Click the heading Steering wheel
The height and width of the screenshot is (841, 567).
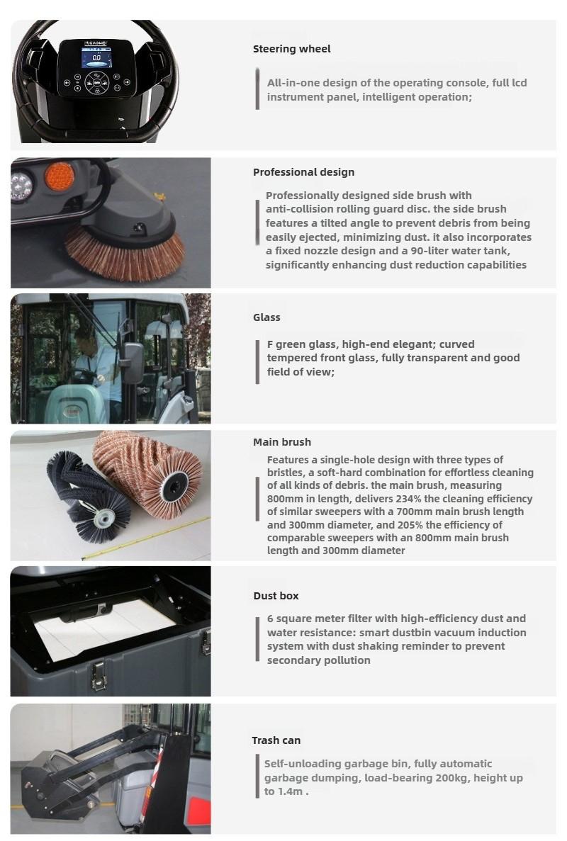(x=292, y=49)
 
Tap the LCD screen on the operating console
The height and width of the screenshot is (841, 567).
(x=96, y=57)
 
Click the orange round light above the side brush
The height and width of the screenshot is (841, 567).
(x=60, y=176)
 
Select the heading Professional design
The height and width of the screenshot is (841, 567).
(x=303, y=172)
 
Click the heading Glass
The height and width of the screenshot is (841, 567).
(x=266, y=317)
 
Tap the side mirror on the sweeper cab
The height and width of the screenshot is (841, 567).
(x=133, y=363)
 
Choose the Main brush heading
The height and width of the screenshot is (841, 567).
(x=282, y=442)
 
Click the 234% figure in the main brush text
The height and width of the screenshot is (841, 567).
(x=409, y=499)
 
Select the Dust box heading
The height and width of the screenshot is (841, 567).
(x=276, y=596)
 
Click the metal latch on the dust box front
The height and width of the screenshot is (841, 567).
(x=98, y=675)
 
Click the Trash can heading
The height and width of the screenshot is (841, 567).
(x=276, y=740)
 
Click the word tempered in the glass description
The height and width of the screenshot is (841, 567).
(x=291, y=359)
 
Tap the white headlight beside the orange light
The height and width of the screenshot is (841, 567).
(x=21, y=186)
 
